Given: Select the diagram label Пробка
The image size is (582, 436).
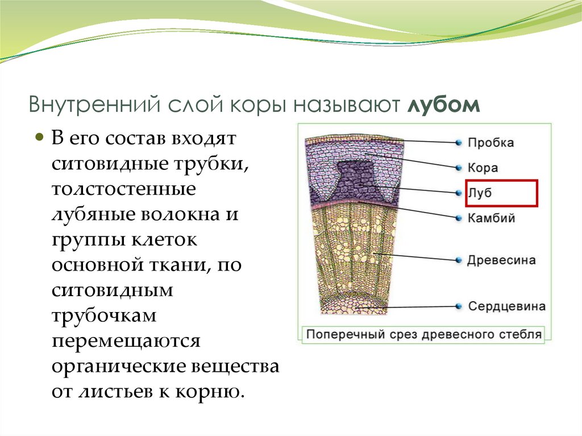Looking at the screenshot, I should pos(490,143).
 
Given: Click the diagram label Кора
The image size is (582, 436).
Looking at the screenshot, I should pos(483,168).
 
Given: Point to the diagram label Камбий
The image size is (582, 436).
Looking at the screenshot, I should pos(491,218).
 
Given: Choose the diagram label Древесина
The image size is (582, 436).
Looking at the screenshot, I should pos(501,260).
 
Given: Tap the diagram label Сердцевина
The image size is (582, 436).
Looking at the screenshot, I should pos(506,306).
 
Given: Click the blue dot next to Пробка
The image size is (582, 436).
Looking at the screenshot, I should pos(458,143).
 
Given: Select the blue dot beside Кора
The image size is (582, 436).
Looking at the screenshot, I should pos(458,168).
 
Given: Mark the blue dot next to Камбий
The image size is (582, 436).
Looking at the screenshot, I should pos(458,218).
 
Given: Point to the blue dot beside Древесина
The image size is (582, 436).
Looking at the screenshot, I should pos(458,260).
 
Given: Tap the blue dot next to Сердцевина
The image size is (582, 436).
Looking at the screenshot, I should pos(458,307).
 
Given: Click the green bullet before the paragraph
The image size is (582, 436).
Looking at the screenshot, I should pos(40,138).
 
